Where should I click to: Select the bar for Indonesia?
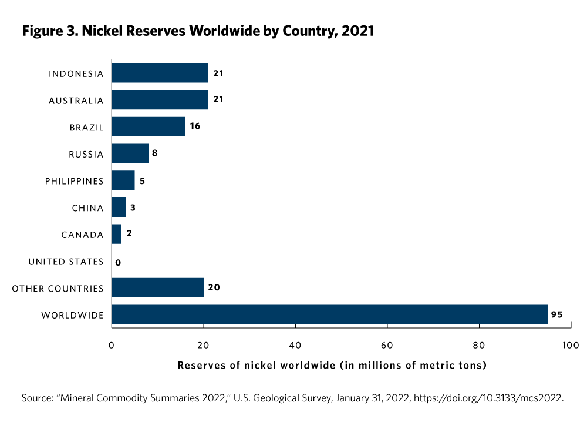(160, 73)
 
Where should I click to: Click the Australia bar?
(160, 100)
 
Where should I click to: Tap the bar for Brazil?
(149, 127)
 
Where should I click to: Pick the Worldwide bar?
(329, 314)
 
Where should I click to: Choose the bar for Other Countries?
(157, 288)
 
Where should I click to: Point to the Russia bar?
(130, 154)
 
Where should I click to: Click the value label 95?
(557, 315)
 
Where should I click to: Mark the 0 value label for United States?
(118, 262)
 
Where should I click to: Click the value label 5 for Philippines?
(142, 181)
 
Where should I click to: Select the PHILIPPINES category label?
(75, 181)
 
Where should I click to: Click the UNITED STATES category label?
(66, 262)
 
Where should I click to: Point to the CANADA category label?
(82, 235)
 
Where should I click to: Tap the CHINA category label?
(88, 208)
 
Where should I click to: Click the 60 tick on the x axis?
(387, 344)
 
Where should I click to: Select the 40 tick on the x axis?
(295, 344)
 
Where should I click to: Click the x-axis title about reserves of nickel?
(332, 366)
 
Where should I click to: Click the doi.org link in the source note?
(488, 398)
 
